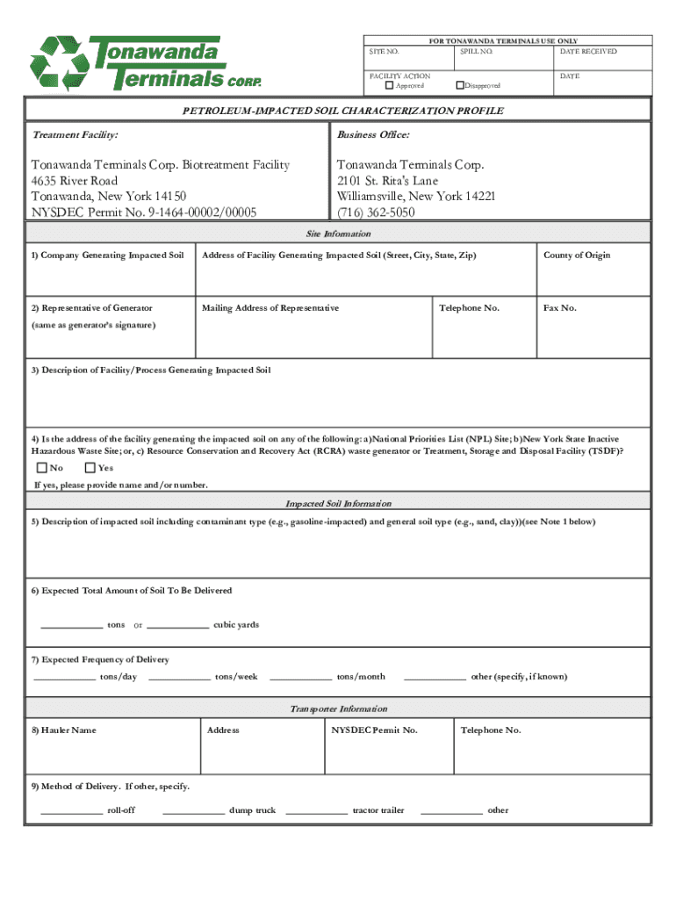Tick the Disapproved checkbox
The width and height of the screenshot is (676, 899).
pos(459,85)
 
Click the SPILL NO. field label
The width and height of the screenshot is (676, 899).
pos(476,52)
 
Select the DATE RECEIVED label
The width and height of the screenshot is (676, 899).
pos(587,52)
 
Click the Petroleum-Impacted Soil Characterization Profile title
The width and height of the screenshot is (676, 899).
pos(342,111)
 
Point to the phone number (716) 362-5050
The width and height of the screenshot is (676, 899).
pos(376,212)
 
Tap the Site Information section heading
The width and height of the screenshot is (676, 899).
pos(338,234)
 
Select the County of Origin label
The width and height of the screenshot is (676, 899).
pos(577,255)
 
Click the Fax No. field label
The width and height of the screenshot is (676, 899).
pos(560,308)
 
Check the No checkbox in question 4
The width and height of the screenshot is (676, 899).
pos(41,467)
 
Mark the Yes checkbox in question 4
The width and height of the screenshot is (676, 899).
pos(90,467)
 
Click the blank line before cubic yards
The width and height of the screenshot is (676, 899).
pos(177,627)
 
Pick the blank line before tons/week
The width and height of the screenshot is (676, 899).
pos(179,678)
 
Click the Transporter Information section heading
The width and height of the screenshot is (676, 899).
pos(338,708)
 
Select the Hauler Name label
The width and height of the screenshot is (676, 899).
pos(63,730)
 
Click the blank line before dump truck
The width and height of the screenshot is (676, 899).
pos(193,812)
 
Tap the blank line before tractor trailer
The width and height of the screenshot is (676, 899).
pos(316,812)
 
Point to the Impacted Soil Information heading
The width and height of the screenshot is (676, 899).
pos(338,504)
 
